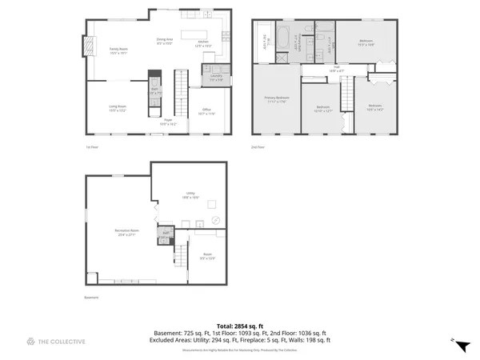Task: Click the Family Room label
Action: (x=118, y=50)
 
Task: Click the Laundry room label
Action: (x=216, y=78)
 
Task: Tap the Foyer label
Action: (x=168, y=122)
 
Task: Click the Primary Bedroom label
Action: (x=277, y=99)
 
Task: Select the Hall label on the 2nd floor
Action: (x=337, y=69)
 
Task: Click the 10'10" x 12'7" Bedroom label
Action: (x=322, y=108)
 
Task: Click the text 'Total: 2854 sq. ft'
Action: (x=239, y=325)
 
